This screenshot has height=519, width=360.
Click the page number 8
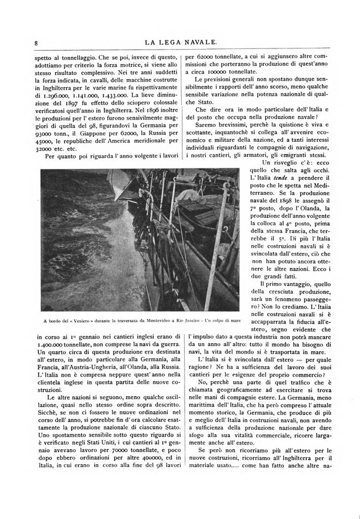click(x=36, y=42)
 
